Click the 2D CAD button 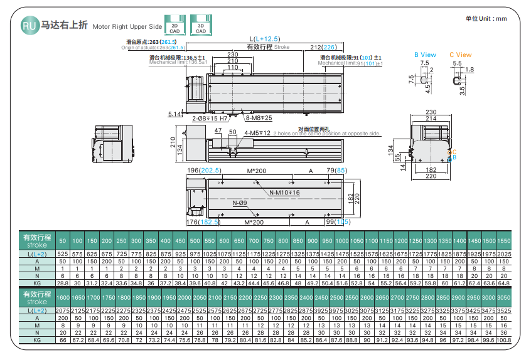(175, 26)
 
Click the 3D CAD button (201, 26)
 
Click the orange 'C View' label (460, 55)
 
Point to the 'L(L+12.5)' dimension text (264, 39)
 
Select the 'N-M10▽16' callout (284, 193)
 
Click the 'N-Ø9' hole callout (239, 203)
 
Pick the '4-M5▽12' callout (257, 133)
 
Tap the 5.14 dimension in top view (175, 114)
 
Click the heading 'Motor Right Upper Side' (127, 27)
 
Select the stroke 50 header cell (62, 241)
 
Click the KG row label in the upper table (37, 282)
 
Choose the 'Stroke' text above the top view (282, 47)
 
